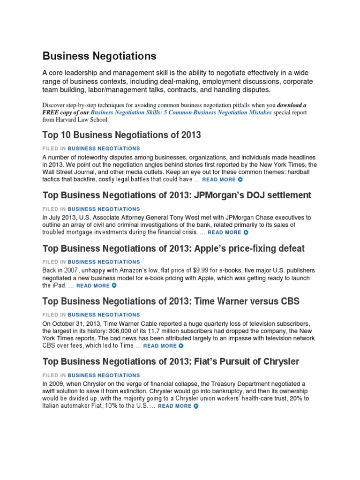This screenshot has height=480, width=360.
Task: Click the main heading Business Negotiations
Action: click(x=99, y=56)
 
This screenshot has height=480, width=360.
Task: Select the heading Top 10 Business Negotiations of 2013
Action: click(x=121, y=135)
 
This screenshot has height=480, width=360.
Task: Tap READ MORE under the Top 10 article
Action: click(x=219, y=180)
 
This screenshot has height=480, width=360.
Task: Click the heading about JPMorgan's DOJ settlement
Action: click(x=177, y=195)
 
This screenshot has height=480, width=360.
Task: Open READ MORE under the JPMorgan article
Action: click(x=225, y=232)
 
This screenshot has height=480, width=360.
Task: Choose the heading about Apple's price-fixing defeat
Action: click(x=173, y=248)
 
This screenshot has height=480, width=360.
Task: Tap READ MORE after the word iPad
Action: click(x=93, y=285)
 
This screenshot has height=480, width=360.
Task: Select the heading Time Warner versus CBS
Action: click(x=171, y=301)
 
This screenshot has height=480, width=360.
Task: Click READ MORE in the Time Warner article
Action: click(x=160, y=346)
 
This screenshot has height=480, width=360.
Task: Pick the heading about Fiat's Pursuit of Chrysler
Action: click(x=171, y=361)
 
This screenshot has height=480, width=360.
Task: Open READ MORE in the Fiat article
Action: click(x=175, y=406)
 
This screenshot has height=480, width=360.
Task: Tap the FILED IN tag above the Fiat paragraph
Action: click(x=91, y=375)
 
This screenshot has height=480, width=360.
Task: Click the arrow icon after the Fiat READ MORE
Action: click(x=196, y=406)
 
